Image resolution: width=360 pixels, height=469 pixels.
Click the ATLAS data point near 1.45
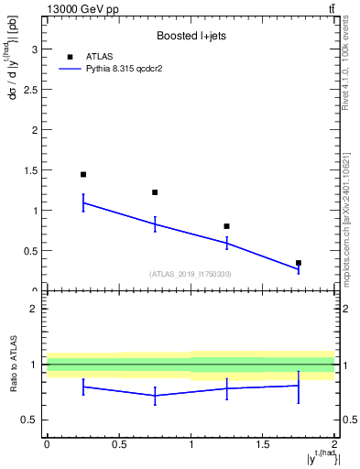click(83, 174)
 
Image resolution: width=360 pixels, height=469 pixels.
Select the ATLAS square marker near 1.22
click(155, 192)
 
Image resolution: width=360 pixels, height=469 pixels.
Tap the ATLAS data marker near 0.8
click(226, 226)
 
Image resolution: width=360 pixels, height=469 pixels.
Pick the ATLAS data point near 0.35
click(299, 263)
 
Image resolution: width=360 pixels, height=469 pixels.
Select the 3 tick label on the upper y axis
click(35, 49)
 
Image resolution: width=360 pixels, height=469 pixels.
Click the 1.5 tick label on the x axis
click(263, 445)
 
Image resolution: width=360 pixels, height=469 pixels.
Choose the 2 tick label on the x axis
click(334, 445)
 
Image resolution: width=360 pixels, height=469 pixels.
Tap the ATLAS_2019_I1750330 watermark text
click(190, 274)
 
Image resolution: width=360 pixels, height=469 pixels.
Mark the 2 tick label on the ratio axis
click(35, 309)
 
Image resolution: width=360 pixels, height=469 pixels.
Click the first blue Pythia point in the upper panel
click(83, 202)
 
